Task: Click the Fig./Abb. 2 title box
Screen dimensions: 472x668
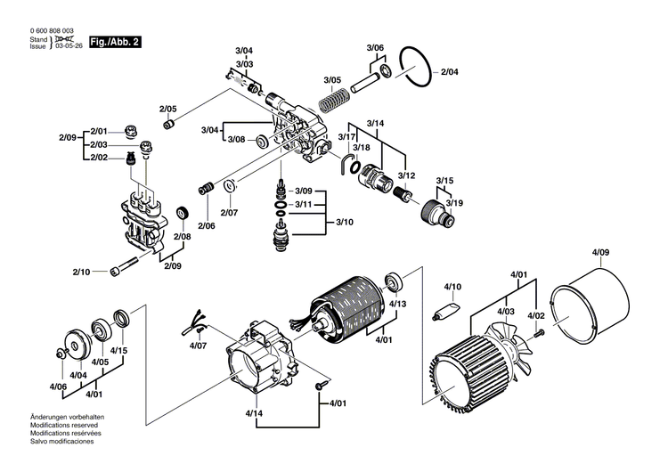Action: (x=115, y=41)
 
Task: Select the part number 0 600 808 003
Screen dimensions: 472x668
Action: (x=49, y=32)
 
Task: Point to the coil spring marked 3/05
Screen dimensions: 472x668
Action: (x=331, y=99)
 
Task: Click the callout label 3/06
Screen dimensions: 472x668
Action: (x=375, y=47)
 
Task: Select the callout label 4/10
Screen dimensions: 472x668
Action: (x=453, y=287)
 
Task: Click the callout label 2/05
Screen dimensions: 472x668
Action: (x=168, y=109)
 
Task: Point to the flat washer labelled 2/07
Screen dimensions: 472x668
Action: (x=229, y=185)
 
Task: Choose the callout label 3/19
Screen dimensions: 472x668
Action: (x=454, y=203)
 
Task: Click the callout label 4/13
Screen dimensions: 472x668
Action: (x=397, y=305)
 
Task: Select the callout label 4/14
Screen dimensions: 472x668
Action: (x=254, y=413)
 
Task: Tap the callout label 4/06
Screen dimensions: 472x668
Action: (x=58, y=387)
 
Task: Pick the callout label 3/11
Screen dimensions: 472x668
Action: (x=304, y=204)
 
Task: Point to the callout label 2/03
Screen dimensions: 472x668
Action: (x=98, y=144)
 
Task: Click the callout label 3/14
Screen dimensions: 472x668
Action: (x=375, y=121)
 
